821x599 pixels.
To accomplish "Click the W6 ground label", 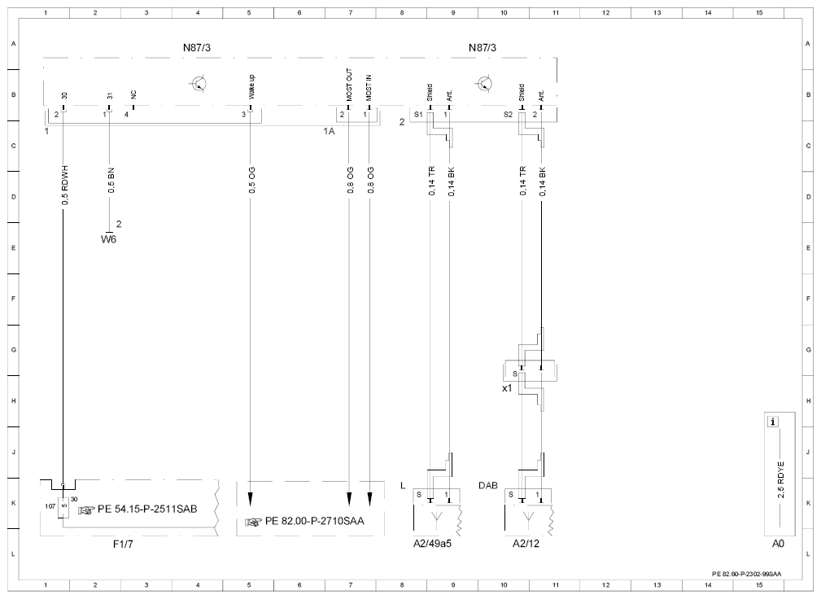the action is [108, 239].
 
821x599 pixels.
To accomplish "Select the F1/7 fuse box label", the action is [123, 544].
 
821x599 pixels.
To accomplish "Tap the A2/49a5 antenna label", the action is [433, 544].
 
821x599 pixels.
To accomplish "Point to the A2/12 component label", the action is [526, 544].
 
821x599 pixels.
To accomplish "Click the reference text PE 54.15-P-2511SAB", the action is [147, 509].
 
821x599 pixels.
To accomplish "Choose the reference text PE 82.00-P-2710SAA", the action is [314, 521].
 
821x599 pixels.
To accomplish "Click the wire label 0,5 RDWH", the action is [65, 186].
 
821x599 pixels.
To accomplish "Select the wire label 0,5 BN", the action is [111, 181].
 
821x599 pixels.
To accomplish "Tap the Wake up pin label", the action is [252, 87].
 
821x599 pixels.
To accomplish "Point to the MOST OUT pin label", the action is [349, 85].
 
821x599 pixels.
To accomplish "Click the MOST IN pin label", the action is [369, 87].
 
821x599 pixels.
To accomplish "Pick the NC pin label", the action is [133, 94].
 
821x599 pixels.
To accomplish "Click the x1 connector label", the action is [507, 388].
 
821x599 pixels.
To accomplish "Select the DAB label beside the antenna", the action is [488, 485].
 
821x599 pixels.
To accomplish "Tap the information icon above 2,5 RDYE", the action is [773, 422].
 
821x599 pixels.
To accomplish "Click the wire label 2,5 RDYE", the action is [780, 479].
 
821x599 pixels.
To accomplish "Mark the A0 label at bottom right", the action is [778, 544].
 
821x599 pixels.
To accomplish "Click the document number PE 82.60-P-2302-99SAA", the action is [746, 574].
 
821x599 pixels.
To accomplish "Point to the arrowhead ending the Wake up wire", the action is [251, 499].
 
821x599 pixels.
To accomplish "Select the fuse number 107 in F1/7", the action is [50, 506].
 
